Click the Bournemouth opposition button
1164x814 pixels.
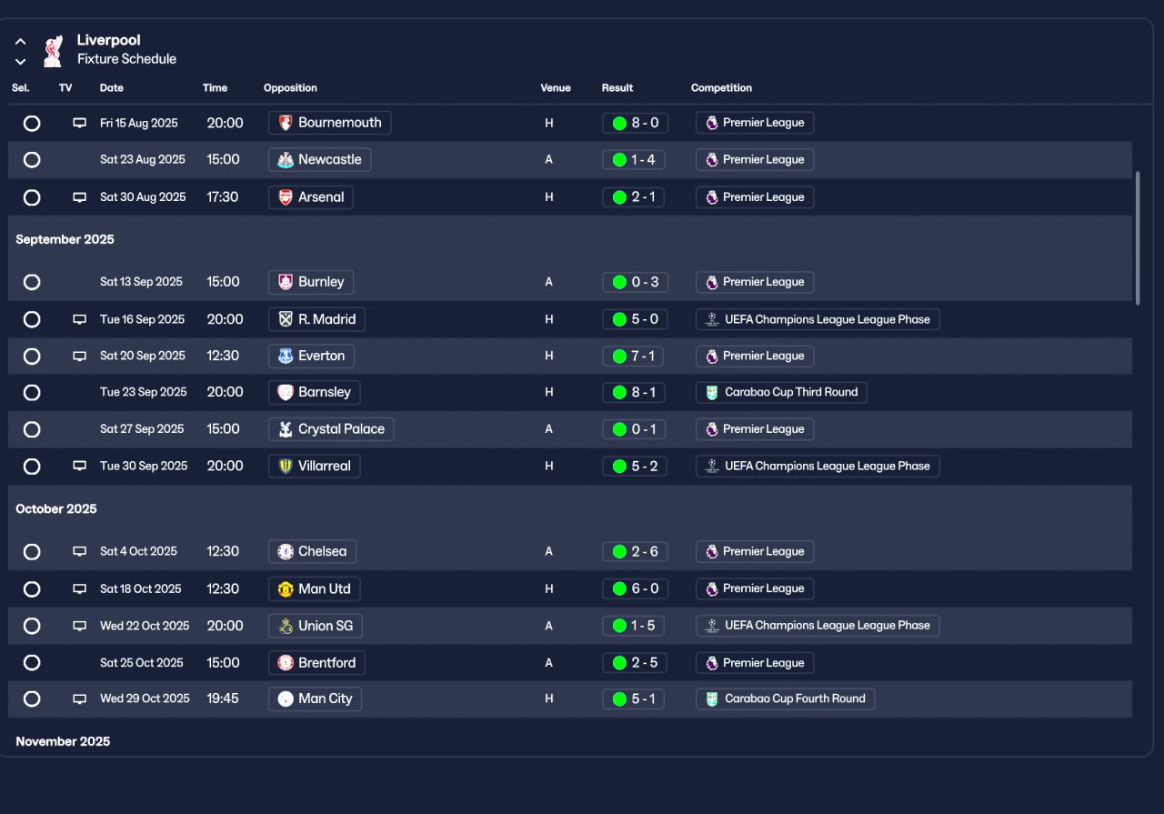(x=330, y=123)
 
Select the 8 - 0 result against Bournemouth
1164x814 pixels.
(x=634, y=123)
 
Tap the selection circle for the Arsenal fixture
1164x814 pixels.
(x=32, y=197)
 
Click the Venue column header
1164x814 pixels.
(x=555, y=88)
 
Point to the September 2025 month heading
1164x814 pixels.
(x=65, y=240)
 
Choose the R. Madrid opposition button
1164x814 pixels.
(x=317, y=319)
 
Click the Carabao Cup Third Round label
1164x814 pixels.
(x=781, y=392)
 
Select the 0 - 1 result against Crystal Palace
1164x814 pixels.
(x=634, y=429)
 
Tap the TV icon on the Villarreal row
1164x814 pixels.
(x=80, y=466)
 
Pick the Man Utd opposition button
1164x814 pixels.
(x=315, y=588)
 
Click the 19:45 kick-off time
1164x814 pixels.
(x=223, y=698)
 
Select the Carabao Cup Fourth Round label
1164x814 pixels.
(x=786, y=698)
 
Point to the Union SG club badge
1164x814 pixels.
(x=286, y=626)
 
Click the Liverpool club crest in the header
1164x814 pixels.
(x=53, y=50)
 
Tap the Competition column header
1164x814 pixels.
(x=721, y=88)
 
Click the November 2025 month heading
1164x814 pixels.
(x=63, y=741)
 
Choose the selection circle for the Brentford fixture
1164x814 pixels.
(x=32, y=663)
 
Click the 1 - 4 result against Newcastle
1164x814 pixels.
(x=634, y=160)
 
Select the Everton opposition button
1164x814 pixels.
(x=312, y=356)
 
